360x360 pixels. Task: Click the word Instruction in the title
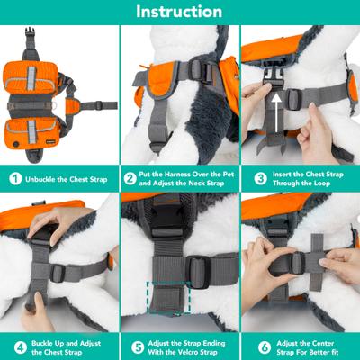pos(179,12)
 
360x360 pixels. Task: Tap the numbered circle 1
pos(13,178)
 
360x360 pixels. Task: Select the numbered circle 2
pos(130,178)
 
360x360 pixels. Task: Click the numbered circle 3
pos(250,178)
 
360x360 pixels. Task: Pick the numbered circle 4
pos(13,345)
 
